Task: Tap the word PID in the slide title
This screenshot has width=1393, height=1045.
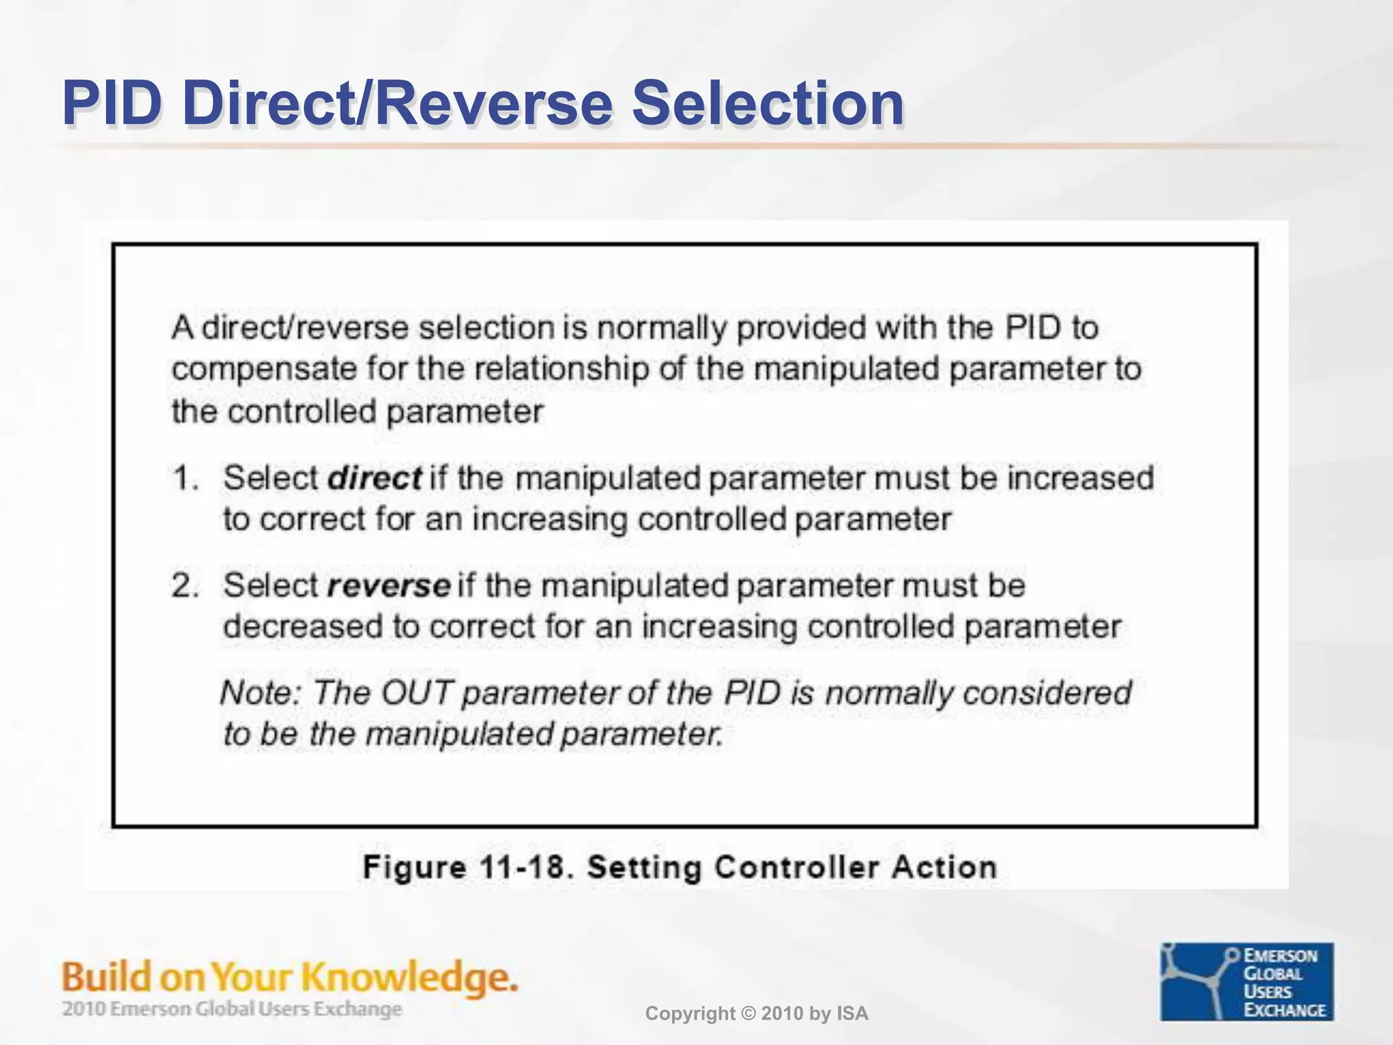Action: (113, 103)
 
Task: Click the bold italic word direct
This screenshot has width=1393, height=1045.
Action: (375, 478)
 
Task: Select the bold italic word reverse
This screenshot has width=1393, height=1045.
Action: (388, 585)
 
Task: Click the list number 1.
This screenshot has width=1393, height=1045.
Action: (184, 478)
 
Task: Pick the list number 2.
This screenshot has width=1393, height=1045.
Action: (184, 585)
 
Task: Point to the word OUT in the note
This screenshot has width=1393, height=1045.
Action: (417, 693)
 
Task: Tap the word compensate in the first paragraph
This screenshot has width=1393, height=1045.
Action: (264, 370)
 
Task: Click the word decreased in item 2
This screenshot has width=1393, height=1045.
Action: (303, 626)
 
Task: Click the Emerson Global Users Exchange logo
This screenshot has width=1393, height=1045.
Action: (1246, 981)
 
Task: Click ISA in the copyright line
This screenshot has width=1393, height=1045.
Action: (852, 1014)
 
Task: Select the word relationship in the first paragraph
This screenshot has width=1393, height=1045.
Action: (561, 370)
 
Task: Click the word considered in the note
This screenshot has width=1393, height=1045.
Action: (1047, 693)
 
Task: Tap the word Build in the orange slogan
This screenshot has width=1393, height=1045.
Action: (106, 977)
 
